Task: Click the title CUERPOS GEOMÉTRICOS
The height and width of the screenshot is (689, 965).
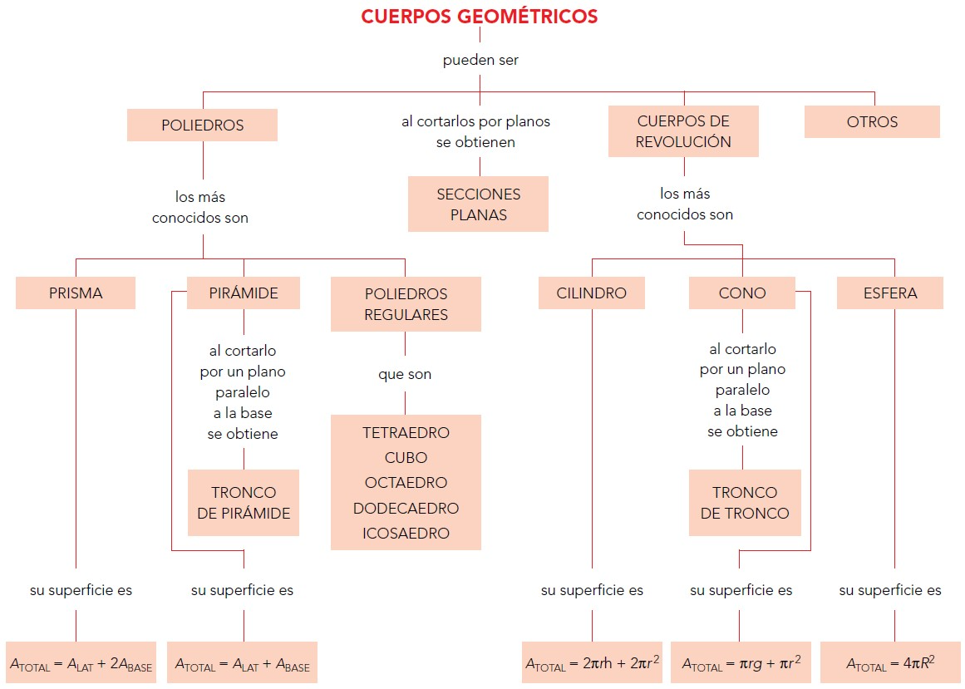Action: [479, 17]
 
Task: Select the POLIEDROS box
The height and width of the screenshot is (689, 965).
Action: [202, 125]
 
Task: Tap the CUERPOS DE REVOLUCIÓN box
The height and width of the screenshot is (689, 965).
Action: [683, 131]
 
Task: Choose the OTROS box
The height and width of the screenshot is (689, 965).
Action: [872, 122]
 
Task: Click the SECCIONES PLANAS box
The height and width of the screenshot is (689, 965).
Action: [478, 204]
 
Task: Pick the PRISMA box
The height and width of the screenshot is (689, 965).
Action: [76, 293]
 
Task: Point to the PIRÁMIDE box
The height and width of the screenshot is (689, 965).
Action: [244, 293]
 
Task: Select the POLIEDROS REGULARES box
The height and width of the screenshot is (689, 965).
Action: [406, 304]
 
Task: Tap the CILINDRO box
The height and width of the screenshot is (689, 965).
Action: [592, 293]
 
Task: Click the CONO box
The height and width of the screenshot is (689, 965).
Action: [741, 293]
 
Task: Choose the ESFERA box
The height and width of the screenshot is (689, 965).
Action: [889, 293]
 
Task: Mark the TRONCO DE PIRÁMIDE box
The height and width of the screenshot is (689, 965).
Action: [244, 502]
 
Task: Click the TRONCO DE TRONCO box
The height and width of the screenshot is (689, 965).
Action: [745, 502]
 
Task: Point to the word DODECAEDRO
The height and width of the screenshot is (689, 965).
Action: [406, 508]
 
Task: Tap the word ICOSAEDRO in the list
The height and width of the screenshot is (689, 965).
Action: [406, 533]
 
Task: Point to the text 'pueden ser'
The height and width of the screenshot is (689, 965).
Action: [480, 60]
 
